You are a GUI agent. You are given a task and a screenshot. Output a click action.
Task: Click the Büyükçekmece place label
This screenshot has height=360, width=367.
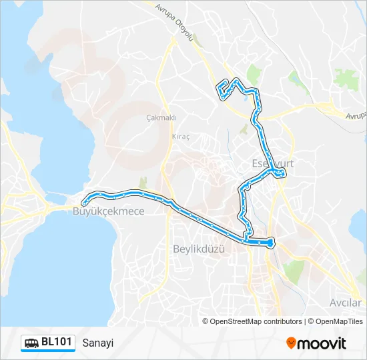[98, 211]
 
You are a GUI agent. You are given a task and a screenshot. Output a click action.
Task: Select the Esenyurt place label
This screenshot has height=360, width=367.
[272, 163]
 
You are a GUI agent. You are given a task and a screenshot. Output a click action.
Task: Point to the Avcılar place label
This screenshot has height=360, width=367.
[345, 302]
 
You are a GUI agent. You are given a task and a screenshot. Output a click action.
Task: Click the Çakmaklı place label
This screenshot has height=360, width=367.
[161, 118]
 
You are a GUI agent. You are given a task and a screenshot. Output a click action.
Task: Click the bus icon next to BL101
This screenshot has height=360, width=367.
[31, 343]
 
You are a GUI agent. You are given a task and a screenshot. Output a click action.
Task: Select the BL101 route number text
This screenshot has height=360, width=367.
[56, 343]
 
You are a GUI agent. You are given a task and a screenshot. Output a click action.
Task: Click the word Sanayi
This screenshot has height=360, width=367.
[98, 343]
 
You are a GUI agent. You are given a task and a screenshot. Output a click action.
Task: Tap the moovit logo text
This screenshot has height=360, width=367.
[322, 344]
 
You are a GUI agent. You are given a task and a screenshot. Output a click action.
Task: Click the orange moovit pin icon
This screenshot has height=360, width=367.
[291, 343]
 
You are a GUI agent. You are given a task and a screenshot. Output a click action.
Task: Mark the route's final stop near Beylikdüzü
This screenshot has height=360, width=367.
[270, 244]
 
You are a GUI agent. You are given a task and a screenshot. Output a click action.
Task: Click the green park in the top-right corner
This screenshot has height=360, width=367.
[346, 79]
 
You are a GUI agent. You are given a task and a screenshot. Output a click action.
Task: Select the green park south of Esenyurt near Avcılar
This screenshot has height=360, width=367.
[294, 270]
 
